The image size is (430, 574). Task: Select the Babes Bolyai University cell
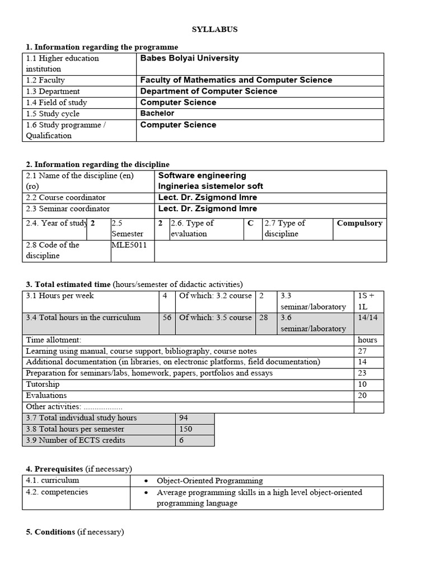click(x=189, y=58)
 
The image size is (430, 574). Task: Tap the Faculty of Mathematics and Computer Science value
click(x=236, y=80)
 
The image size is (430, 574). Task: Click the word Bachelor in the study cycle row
click(x=157, y=113)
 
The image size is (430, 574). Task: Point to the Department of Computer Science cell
click(x=208, y=91)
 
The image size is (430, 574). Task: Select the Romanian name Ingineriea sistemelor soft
click(x=211, y=186)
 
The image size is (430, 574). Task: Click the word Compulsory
click(x=359, y=223)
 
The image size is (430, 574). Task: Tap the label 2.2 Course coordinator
click(x=66, y=197)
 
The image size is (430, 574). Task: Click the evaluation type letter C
click(x=250, y=223)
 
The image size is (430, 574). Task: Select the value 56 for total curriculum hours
click(x=167, y=317)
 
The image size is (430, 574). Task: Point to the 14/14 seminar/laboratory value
click(x=367, y=317)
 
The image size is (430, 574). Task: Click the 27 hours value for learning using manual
click(x=362, y=351)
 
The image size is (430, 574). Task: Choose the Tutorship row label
click(x=43, y=385)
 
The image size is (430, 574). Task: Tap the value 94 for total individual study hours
click(x=184, y=418)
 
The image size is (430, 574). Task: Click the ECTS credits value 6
click(x=181, y=440)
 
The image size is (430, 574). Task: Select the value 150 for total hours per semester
click(x=185, y=429)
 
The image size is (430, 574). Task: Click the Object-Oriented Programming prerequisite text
click(x=209, y=480)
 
